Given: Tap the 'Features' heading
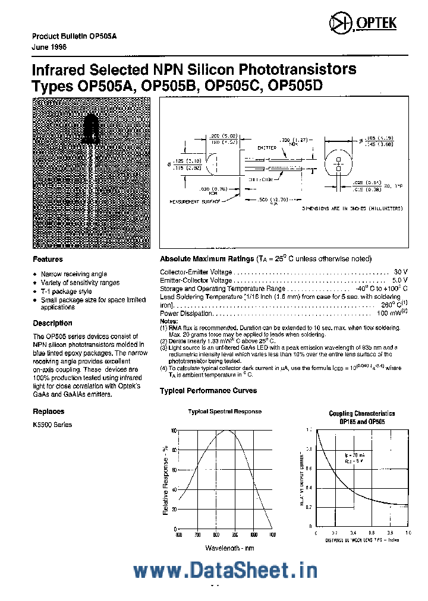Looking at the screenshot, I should (x=48, y=260).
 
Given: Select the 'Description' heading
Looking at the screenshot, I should (x=52, y=323).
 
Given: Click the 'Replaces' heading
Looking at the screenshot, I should (x=49, y=411).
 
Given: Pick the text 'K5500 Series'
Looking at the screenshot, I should (x=52, y=425).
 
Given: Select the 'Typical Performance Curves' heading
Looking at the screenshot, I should (x=208, y=391).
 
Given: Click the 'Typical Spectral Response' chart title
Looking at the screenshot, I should (x=225, y=412).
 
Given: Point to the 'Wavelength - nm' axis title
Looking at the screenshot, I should (x=229, y=548).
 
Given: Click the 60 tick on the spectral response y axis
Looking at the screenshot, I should (x=174, y=470).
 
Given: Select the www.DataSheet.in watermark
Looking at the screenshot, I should (x=225, y=570).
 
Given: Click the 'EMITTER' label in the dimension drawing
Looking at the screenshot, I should (x=266, y=148).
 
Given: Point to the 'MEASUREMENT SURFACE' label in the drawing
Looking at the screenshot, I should (x=195, y=202).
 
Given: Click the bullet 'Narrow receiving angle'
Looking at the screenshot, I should (x=74, y=274).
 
